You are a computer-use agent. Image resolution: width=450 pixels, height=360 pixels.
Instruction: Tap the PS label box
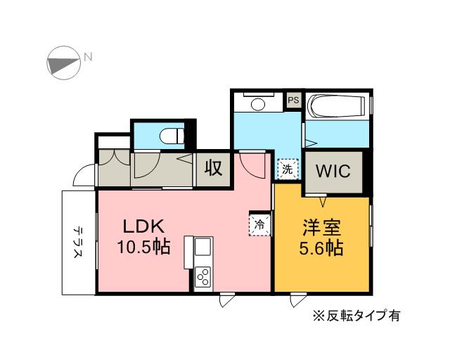tap(293, 101)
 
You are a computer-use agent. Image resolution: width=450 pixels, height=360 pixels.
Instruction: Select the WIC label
tap(333, 171)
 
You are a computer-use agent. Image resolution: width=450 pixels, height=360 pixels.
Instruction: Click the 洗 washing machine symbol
tap(287, 169)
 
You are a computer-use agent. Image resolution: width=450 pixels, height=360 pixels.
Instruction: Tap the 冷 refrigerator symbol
tap(259, 224)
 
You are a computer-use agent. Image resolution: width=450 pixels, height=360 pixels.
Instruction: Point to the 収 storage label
tap(214, 169)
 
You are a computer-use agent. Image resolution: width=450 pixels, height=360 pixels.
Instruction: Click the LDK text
tap(143, 227)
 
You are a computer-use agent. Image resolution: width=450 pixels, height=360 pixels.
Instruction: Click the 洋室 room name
tap(322, 228)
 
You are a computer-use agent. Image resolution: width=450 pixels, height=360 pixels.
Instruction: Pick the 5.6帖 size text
tap(322, 248)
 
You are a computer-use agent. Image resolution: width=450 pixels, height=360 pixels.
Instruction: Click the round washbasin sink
tap(257, 104)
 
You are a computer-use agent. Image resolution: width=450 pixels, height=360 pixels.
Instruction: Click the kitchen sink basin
tap(203, 248)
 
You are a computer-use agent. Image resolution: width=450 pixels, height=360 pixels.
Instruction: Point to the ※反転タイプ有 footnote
tap(356, 315)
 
